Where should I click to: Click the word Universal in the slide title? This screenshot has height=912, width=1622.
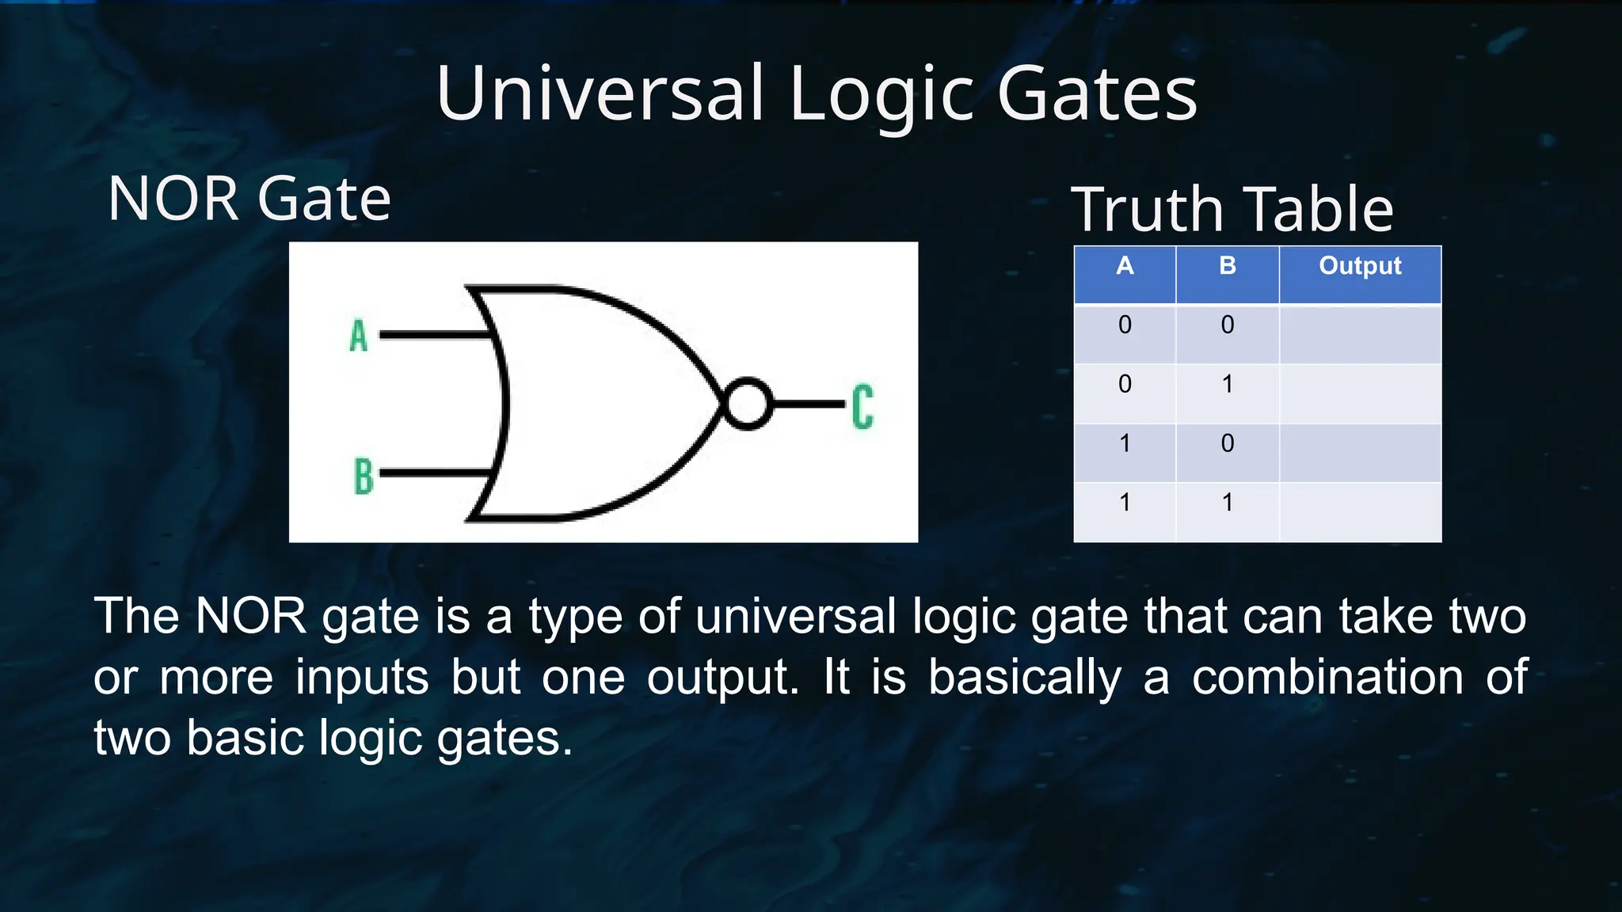pyautogui.click(x=600, y=93)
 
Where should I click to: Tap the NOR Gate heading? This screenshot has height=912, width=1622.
pyautogui.click(x=249, y=198)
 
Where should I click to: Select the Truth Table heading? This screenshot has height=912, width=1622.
pyautogui.click(x=1232, y=209)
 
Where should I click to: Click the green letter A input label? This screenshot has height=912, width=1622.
pyautogui.click(x=359, y=335)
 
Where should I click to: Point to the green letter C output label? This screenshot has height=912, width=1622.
pyautogui.click(x=862, y=407)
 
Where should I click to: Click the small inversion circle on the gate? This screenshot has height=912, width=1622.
pyautogui.click(x=747, y=404)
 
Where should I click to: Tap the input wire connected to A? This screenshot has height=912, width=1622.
pyautogui.click(x=432, y=335)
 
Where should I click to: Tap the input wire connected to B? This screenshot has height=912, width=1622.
pyautogui.click(x=432, y=473)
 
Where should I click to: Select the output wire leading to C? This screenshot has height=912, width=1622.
pyautogui.click(x=808, y=404)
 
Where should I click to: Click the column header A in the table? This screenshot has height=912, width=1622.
pyautogui.click(x=1125, y=266)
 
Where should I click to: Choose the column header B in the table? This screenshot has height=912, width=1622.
pyautogui.click(x=1228, y=266)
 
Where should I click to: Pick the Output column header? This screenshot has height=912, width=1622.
pyautogui.click(x=1360, y=266)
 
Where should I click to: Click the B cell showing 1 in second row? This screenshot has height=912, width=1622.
pyautogui.click(x=1228, y=385)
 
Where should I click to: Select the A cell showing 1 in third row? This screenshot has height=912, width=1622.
pyautogui.click(x=1125, y=443)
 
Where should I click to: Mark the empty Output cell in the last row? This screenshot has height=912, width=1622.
pyautogui.click(x=1360, y=511)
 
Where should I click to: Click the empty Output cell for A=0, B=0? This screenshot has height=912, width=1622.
pyautogui.click(x=1360, y=334)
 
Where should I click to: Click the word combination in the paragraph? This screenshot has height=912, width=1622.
pyautogui.click(x=1327, y=678)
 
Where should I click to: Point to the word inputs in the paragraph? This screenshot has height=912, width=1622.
pyautogui.click(x=362, y=678)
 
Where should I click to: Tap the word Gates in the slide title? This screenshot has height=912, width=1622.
pyautogui.click(x=1097, y=93)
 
